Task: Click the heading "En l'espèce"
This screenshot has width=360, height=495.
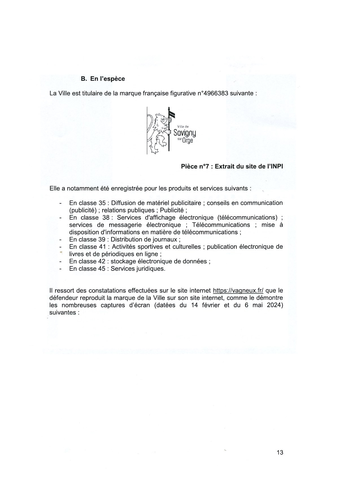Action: [107, 79]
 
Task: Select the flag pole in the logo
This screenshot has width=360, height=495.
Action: [169, 130]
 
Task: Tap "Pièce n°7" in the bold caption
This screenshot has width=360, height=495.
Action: [195, 167]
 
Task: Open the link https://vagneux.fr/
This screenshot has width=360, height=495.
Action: [238, 291]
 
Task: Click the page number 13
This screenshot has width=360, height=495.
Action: [280, 452]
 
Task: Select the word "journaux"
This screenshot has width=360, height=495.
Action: [165, 240]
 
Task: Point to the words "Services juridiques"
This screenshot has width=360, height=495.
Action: [138, 269]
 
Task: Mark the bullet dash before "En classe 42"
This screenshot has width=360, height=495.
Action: [60, 262]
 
